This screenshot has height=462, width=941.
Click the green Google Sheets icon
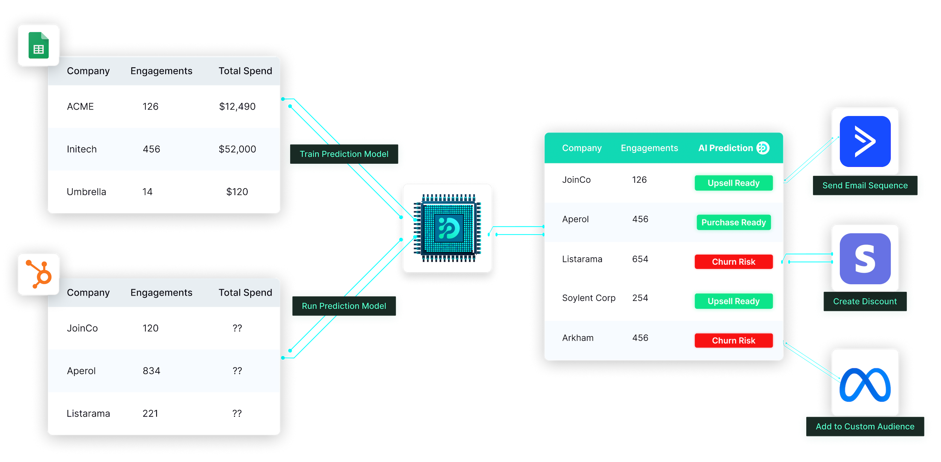pos(38,46)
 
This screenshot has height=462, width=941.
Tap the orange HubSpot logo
pos(39,274)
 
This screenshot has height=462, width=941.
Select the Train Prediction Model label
pos(344,154)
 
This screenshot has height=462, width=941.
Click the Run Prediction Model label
pos(344,306)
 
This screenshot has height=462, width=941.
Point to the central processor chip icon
pos(447,228)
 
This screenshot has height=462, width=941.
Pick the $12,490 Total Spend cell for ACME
pos(237,107)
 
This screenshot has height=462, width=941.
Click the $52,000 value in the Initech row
pos(237,149)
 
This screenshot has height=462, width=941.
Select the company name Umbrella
pos(86,192)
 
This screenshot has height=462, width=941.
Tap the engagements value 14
pos(147,192)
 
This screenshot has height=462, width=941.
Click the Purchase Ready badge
pos(733,223)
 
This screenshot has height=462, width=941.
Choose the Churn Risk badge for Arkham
pos(733,340)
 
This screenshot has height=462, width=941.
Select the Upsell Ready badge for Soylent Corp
pos(733,301)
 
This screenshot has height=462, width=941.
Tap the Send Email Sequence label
pos(865,186)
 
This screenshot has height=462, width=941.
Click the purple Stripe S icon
pos(865,259)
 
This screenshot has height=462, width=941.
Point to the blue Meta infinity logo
pos(865,385)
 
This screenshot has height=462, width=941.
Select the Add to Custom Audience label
pos(865,427)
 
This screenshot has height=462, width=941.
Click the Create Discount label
pos(865,302)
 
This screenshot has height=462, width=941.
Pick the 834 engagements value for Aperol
pos(151,371)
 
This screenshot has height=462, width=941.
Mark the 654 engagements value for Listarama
pos(640,259)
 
